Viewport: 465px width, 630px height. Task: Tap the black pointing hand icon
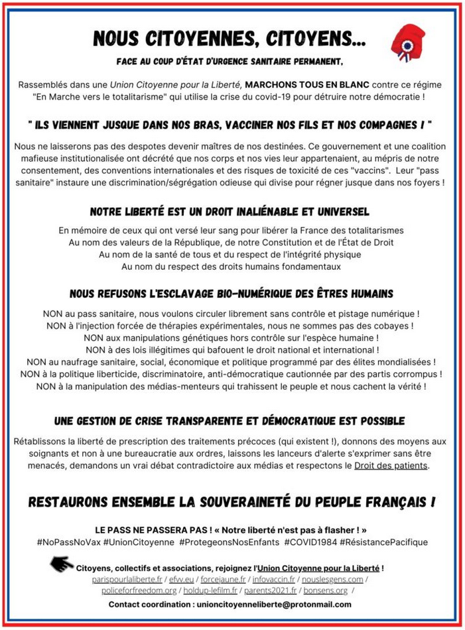(x=62, y=565)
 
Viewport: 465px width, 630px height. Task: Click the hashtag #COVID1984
(x=310, y=542)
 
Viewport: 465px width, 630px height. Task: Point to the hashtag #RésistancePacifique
(x=383, y=542)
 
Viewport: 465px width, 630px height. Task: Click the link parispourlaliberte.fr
(x=128, y=580)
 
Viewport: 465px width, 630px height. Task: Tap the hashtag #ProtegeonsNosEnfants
(x=229, y=542)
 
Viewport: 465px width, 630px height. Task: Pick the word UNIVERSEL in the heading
(x=338, y=212)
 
